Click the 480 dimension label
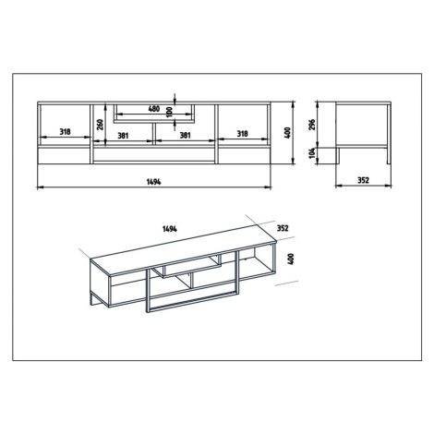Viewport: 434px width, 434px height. pos(154,109)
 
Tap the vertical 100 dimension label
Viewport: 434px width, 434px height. pos(168,112)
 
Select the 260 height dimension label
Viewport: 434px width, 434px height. pos(101,125)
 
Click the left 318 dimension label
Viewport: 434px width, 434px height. pos(65,132)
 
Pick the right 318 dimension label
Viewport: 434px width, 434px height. pos(242,134)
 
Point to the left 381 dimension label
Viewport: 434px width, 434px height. pos(123,135)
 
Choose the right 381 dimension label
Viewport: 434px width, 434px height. pos(185,135)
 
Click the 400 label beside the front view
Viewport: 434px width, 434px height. pos(288,133)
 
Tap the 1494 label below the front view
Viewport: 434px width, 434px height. pos(153,182)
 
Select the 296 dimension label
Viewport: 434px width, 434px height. pos(311,125)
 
